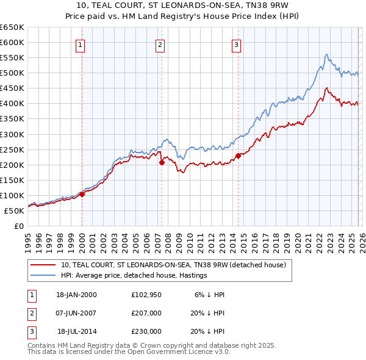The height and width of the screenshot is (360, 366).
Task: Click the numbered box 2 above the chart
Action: point(160,44)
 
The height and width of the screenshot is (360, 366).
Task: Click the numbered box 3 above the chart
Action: point(236,44)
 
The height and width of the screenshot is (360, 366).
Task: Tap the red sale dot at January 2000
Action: point(82,195)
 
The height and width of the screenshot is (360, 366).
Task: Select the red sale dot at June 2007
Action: point(162,162)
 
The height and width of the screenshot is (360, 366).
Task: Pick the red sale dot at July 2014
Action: point(239,156)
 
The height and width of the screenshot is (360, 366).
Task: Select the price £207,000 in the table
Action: point(146,313)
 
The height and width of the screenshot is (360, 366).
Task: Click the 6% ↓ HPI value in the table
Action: point(210,295)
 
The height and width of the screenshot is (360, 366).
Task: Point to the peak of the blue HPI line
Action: point(326,54)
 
